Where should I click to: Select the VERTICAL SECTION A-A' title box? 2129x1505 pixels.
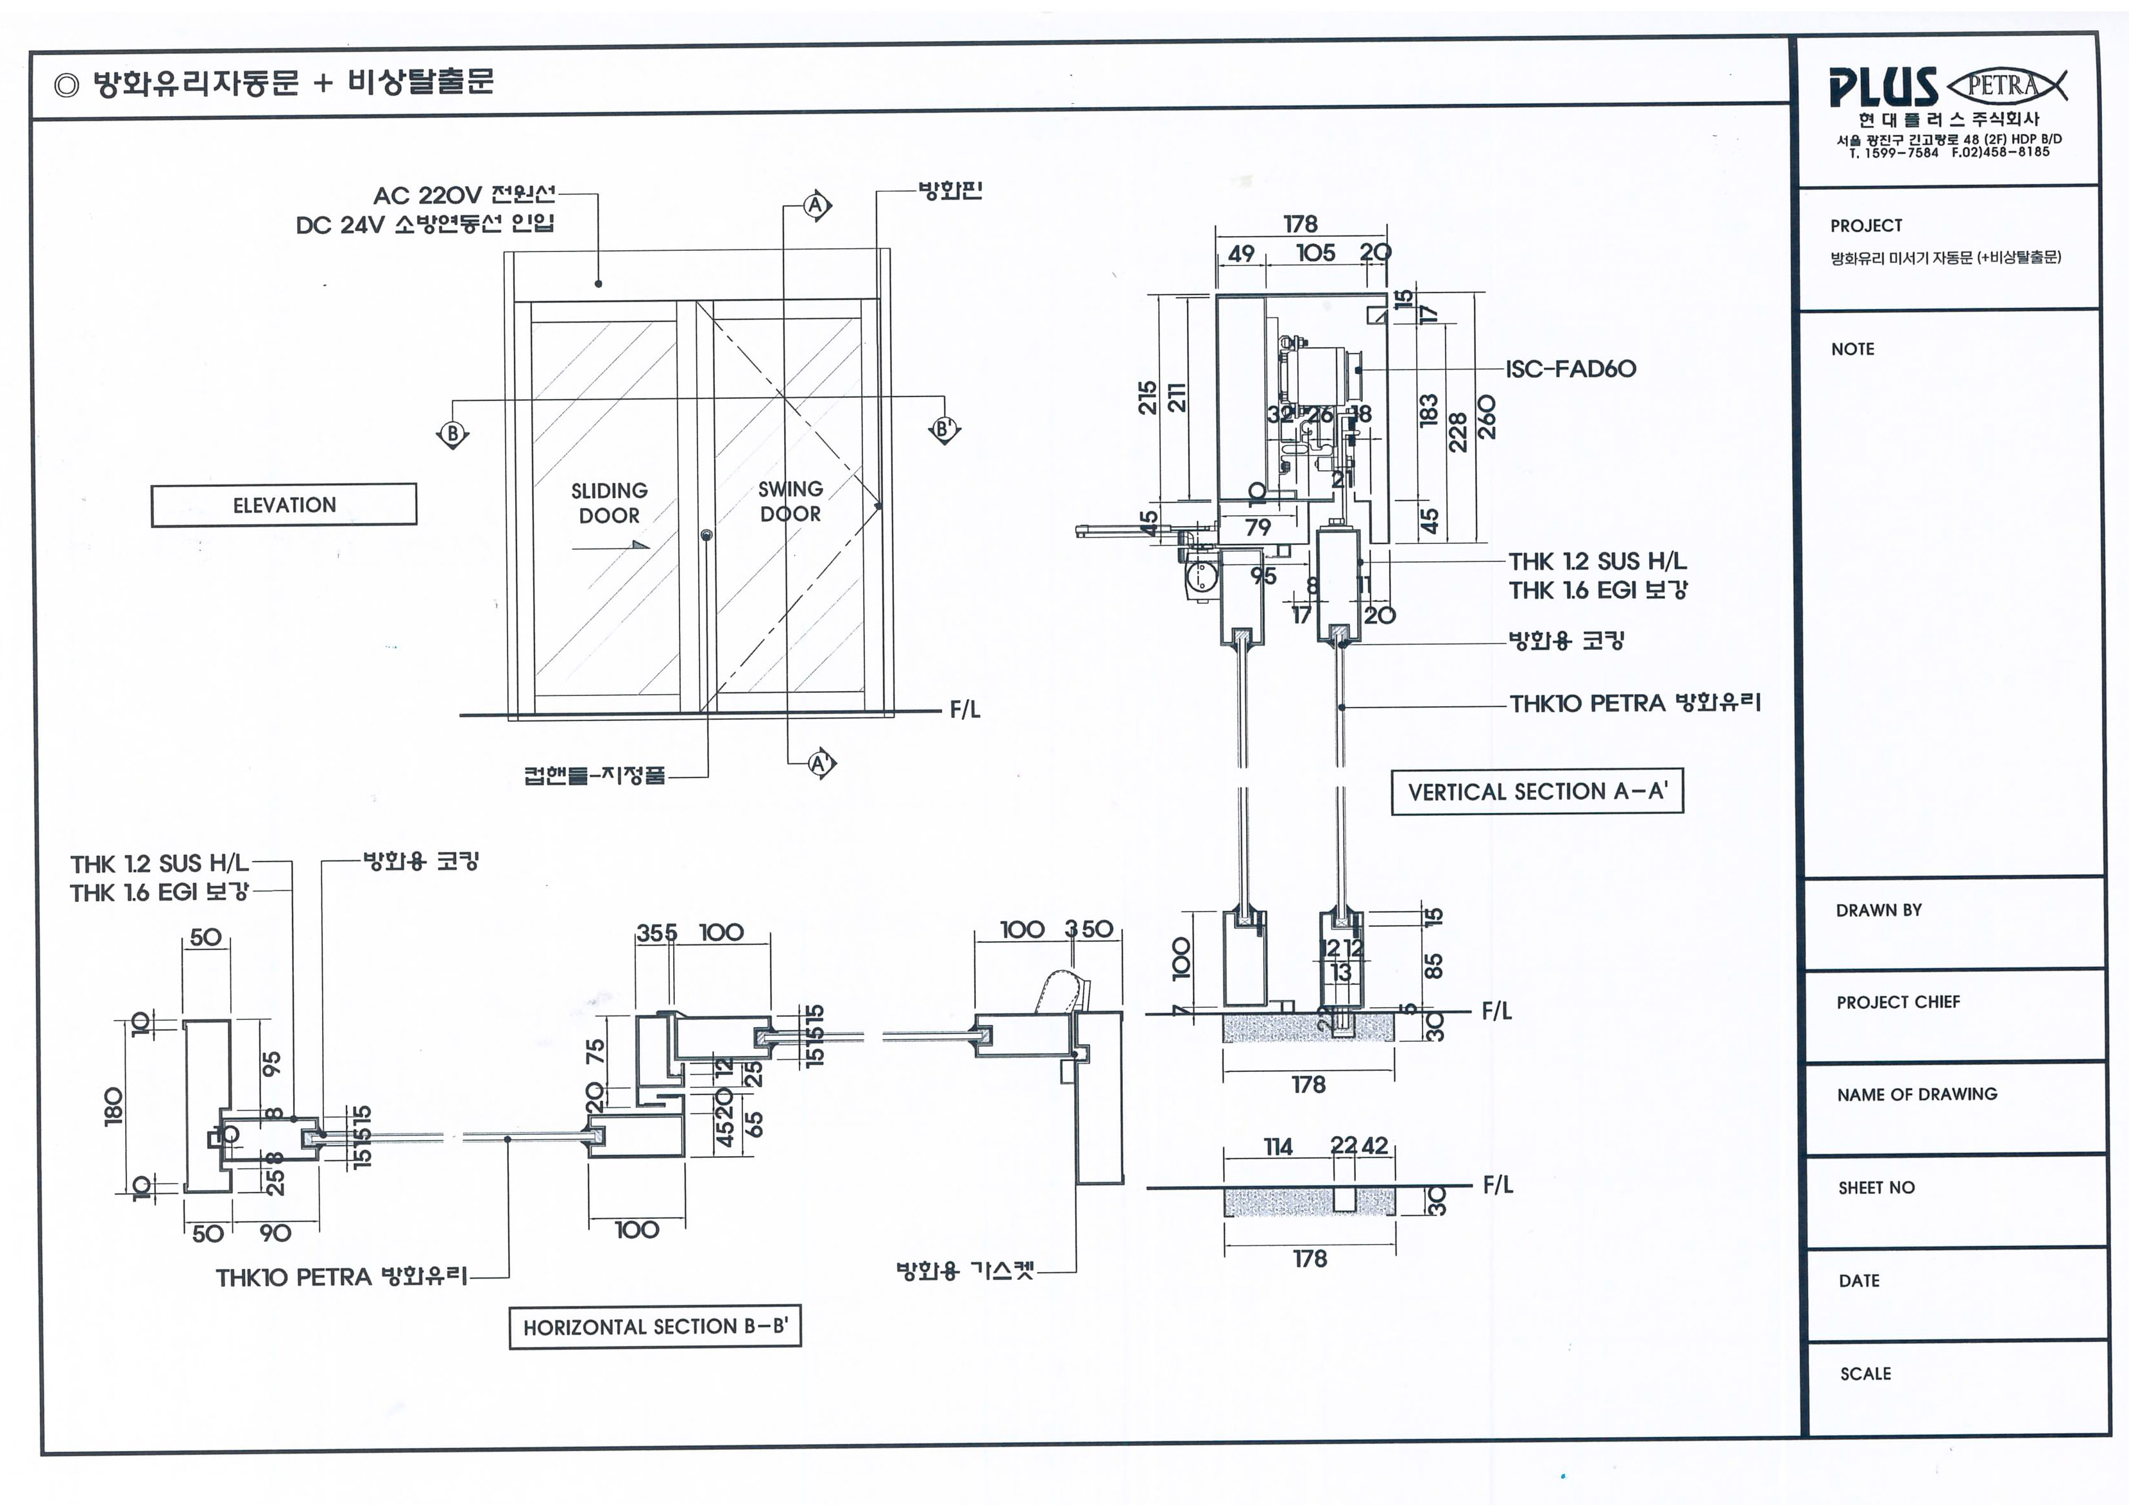[1537, 791]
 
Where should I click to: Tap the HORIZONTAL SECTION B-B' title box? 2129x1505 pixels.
[654, 1327]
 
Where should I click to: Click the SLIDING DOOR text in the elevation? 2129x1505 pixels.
[609, 502]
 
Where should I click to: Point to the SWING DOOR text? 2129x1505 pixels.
[790, 501]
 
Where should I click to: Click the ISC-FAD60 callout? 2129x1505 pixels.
[1571, 369]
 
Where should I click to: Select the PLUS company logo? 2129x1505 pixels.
[1883, 87]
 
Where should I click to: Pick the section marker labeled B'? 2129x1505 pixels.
[944, 429]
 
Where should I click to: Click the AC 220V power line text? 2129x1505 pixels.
[464, 195]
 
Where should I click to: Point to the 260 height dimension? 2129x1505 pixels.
[1487, 416]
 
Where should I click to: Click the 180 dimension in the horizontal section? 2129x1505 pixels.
[113, 1106]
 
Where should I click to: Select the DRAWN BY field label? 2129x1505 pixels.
[1879, 910]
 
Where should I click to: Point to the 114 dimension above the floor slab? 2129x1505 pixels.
[1278, 1147]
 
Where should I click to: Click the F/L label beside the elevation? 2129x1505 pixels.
[964, 710]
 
